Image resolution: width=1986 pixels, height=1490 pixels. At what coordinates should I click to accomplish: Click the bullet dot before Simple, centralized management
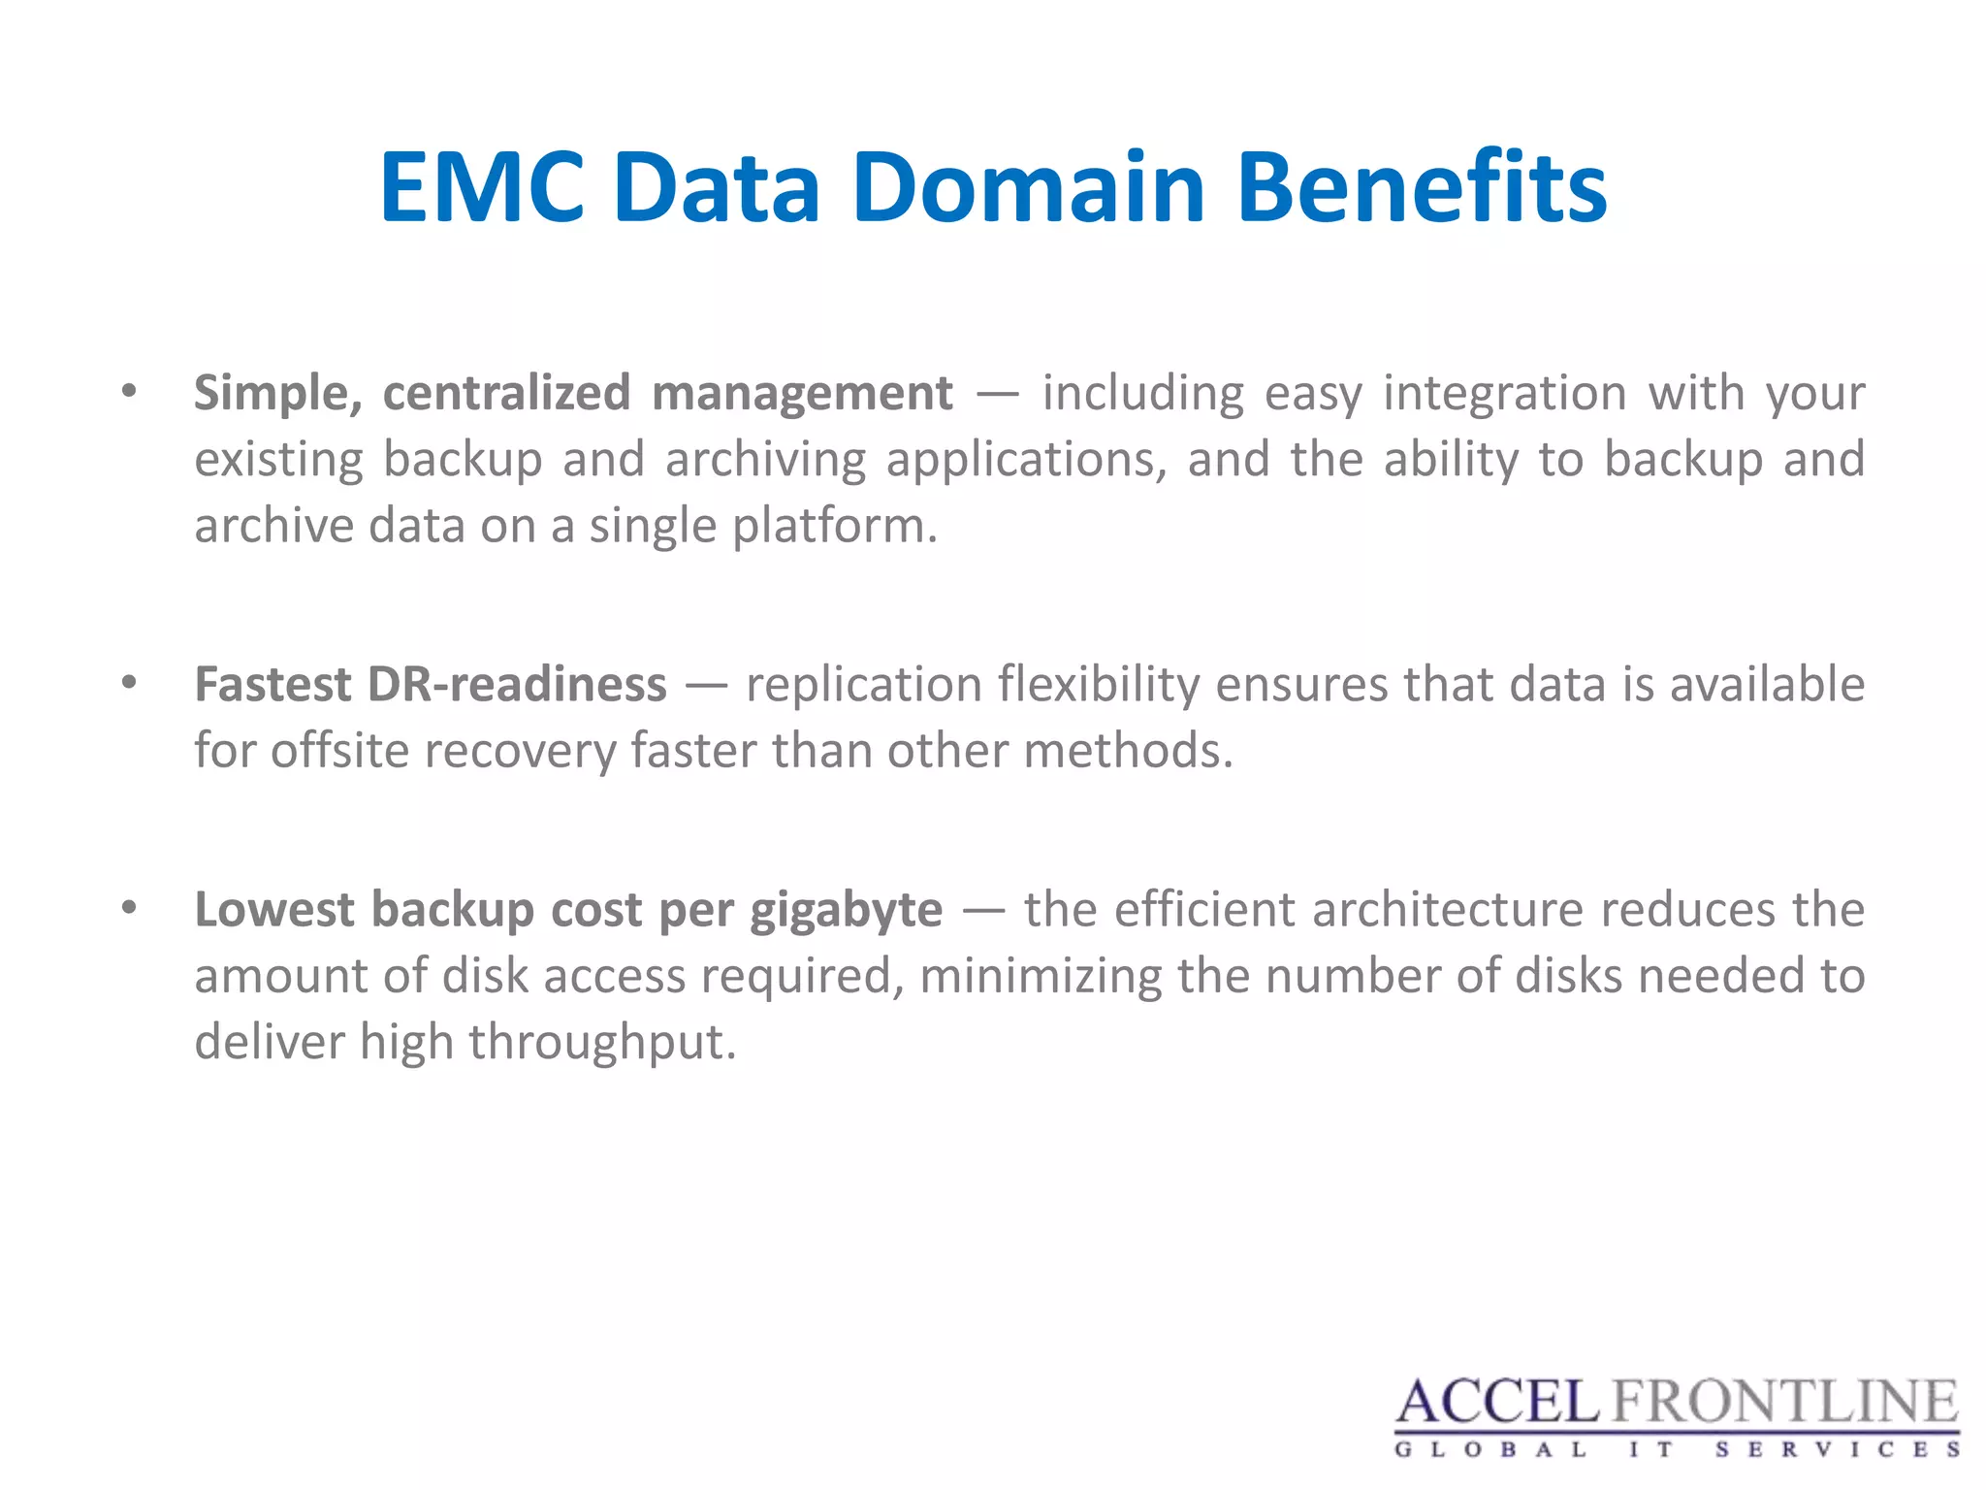click(129, 393)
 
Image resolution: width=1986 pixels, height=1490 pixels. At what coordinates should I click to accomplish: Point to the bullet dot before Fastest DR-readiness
click(129, 684)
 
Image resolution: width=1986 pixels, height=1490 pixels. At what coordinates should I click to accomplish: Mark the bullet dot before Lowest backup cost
click(129, 909)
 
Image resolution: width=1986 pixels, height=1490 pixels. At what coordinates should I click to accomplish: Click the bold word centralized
click(506, 393)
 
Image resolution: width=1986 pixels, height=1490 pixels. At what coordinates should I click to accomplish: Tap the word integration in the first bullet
click(1504, 394)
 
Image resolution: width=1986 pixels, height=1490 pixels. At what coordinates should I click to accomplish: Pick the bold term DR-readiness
click(517, 684)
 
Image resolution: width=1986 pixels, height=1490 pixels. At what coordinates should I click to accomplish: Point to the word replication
click(865, 686)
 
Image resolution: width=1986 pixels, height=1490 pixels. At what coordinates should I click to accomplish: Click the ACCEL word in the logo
click(1496, 1403)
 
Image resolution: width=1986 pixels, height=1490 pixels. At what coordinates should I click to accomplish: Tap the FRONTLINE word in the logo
click(1784, 1403)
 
